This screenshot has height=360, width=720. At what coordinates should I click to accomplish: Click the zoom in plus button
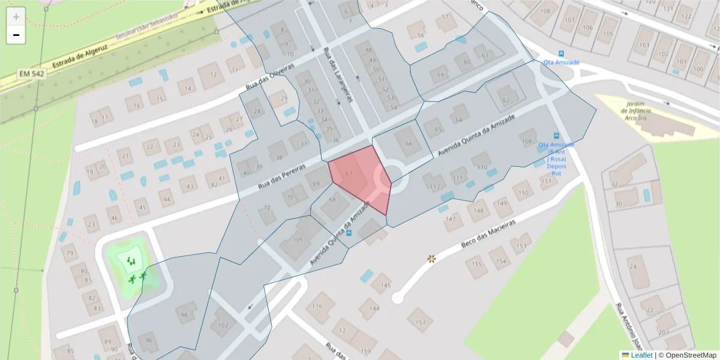pyautogui.click(x=16, y=17)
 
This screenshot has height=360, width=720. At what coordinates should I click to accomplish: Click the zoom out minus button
pyautogui.click(x=16, y=35)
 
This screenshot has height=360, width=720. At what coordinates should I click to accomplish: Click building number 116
pyautogui.click(x=318, y=307)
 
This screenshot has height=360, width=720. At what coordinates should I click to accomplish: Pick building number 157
pyautogui.click(x=420, y=322)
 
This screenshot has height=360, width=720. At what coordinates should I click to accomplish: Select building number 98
pyautogui.click(x=184, y=315)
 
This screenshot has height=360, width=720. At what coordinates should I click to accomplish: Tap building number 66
pyautogui.click(x=409, y=143)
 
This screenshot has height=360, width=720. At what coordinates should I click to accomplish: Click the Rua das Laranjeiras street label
pyautogui.click(x=337, y=75)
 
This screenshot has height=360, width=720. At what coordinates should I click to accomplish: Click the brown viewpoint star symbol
pyautogui.click(x=431, y=259)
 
